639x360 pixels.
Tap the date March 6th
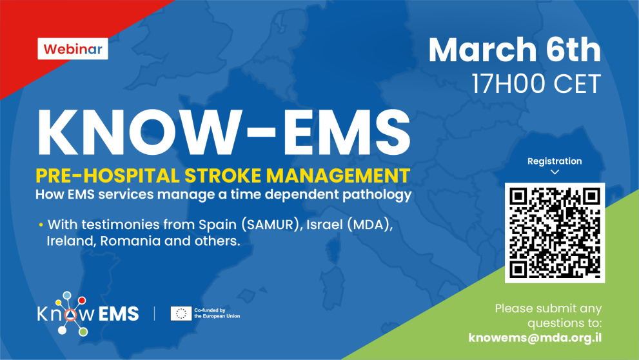(514, 50)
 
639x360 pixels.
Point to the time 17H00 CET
(536, 84)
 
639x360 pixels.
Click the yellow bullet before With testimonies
(41, 225)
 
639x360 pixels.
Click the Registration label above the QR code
(555, 161)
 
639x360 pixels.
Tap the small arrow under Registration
(555, 172)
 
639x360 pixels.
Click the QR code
(555, 233)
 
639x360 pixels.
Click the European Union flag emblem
(180, 314)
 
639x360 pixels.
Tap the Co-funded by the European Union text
(217, 314)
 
